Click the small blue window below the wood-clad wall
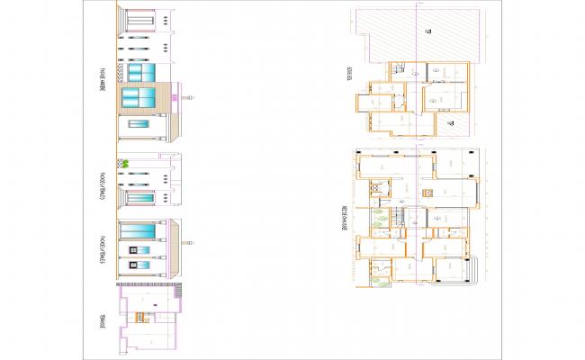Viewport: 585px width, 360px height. (139, 125)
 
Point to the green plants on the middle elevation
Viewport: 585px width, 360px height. (128, 163)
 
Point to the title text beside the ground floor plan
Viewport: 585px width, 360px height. (346, 216)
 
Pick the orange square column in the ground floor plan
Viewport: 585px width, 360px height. (429, 193)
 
